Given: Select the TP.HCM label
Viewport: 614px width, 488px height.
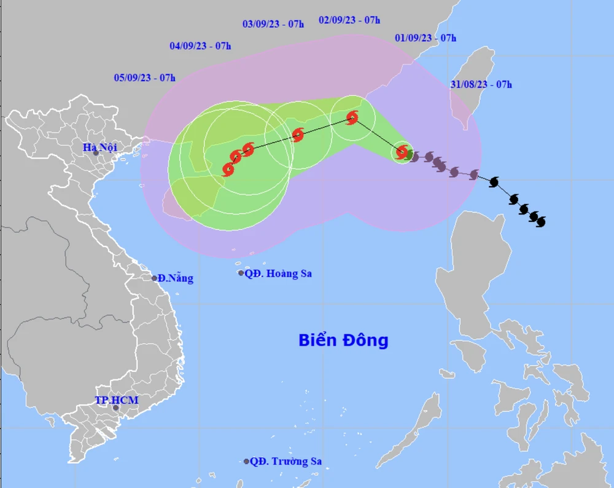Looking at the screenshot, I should point(117,401).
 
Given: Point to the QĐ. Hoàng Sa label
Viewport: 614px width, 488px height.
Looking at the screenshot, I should point(278,274).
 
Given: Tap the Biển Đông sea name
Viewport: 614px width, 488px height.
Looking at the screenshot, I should point(343,340).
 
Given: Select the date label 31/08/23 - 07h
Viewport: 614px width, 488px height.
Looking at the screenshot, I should point(481,85).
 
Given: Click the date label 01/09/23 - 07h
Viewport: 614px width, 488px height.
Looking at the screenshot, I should point(426,38).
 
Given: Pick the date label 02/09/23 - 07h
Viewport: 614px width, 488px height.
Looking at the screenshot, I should point(349,20).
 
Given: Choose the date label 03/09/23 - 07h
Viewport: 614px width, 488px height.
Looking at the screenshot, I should point(273,24).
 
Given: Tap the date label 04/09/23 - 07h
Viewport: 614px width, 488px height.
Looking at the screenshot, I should point(200,45).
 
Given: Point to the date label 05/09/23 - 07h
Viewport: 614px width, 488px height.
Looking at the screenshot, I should point(144,77).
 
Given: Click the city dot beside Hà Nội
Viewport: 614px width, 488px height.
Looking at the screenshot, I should point(96,152).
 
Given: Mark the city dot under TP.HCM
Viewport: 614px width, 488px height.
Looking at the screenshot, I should point(115,407).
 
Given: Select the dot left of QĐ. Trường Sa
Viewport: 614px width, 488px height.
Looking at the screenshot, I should point(247,461).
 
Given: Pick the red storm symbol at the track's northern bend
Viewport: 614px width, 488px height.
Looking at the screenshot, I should point(352,117).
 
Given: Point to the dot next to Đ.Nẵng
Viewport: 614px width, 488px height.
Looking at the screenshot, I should point(155,278).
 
